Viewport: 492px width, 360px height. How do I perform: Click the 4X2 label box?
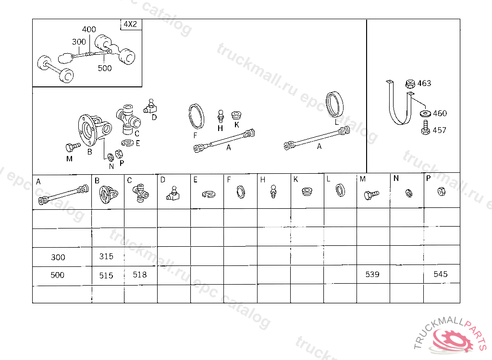(x=131, y=24)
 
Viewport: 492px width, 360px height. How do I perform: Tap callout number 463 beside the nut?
(x=424, y=84)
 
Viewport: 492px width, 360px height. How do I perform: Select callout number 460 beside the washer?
(x=440, y=113)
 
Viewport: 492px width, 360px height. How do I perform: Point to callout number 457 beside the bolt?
(x=439, y=130)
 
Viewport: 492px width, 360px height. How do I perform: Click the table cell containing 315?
(x=108, y=257)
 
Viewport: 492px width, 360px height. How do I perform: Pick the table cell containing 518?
(x=141, y=275)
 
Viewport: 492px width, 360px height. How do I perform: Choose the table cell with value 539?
(x=373, y=275)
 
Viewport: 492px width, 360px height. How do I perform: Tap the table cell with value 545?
(x=442, y=275)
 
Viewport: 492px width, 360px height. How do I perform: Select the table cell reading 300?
(x=62, y=257)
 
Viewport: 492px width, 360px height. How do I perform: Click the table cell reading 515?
(x=108, y=276)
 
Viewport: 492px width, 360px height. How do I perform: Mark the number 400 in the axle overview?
(x=89, y=29)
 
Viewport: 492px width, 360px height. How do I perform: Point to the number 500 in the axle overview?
(x=104, y=68)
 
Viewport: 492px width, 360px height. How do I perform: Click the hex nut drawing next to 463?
(x=410, y=84)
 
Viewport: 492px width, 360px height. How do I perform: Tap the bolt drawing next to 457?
(x=426, y=128)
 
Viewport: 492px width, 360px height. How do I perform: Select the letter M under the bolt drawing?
(x=69, y=159)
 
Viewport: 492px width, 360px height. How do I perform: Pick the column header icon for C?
(x=140, y=193)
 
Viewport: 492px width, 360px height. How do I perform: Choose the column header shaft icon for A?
(x=63, y=195)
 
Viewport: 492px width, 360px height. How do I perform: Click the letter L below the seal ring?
(x=336, y=122)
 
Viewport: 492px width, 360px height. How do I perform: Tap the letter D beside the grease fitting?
(x=154, y=118)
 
